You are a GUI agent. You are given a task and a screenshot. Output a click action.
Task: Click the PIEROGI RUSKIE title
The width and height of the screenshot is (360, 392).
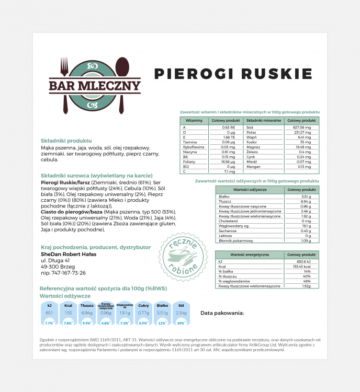click(233, 74)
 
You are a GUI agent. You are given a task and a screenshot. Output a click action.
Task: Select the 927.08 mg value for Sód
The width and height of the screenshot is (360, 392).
click(302, 127)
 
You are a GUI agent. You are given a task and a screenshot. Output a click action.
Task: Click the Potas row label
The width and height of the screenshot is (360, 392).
click(251, 132)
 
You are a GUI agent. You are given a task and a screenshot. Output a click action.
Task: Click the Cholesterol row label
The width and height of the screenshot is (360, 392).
click(228, 221)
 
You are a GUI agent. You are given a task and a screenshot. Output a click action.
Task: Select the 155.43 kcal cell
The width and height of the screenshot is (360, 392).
click(302, 267)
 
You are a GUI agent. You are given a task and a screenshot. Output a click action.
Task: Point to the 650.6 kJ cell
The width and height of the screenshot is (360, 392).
click(303, 261)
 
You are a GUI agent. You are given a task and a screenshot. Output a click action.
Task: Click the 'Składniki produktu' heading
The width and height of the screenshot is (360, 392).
click(66, 141)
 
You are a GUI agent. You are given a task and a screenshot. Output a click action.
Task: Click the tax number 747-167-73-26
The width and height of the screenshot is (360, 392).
click(63, 273)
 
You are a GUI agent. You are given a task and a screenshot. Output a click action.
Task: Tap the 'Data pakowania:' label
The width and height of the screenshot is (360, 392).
click(222, 313)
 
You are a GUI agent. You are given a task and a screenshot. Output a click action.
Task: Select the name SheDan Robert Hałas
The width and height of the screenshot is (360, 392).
click(69, 254)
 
